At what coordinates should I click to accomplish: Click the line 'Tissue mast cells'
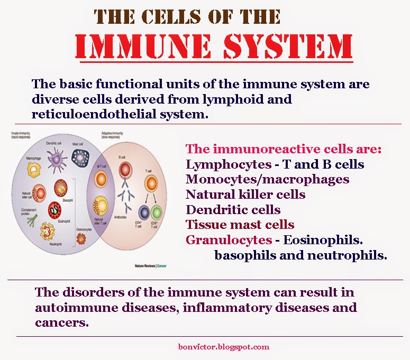pos(240,224)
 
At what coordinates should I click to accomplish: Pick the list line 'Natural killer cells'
pos(245,194)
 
